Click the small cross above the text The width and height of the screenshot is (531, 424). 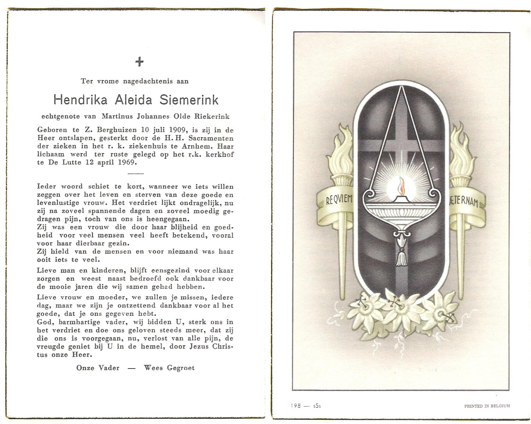coord(140,62)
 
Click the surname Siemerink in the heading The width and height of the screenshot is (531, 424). coord(189,100)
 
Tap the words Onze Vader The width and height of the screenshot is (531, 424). coord(98,368)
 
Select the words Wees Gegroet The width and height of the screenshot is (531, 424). coord(169,368)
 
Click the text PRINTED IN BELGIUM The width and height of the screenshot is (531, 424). coord(487,406)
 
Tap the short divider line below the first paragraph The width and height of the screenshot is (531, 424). coord(135,173)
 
